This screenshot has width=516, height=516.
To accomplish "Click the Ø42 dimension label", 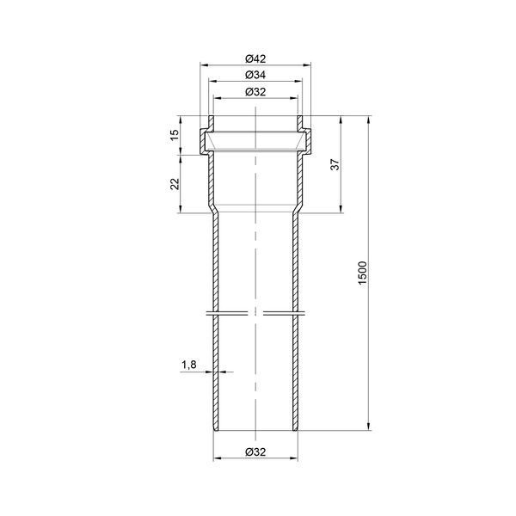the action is click(255, 58).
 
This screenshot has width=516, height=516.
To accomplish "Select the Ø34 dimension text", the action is click(255, 75).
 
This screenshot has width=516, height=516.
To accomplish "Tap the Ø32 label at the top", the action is click(255, 92).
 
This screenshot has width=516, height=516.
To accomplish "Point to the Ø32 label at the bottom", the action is click(255, 451).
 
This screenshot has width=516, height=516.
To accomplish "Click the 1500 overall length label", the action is click(362, 273).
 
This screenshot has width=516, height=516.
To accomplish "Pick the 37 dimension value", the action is click(335, 164).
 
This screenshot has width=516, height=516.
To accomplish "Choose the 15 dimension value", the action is click(175, 135).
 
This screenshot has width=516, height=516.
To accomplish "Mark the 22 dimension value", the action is click(175, 184).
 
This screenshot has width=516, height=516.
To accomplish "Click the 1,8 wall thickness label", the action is click(189, 365).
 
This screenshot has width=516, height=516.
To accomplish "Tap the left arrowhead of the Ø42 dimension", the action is click(204, 65).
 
